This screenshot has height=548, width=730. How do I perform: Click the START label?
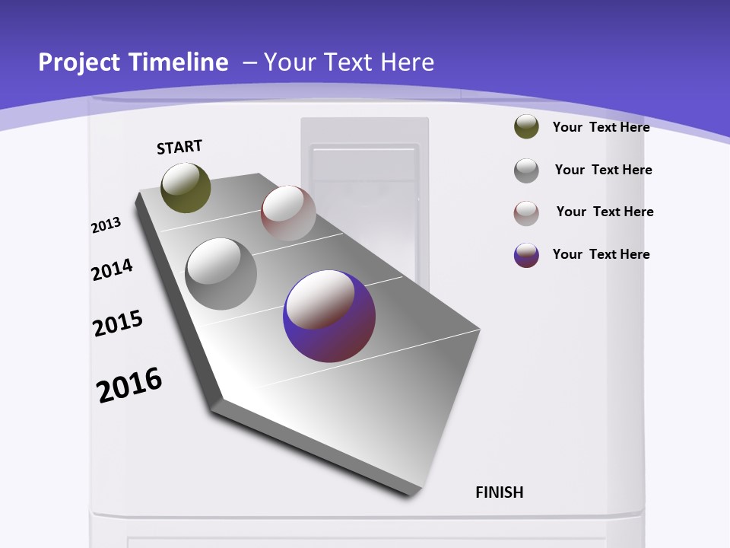(179, 147)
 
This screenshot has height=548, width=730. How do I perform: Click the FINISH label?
(500, 492)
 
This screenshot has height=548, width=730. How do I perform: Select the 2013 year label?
(106, 225)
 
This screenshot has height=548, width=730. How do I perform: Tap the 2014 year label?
(112, 269)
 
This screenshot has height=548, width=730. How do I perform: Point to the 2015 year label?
(118, 323)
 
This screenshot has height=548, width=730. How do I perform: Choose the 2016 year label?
(129, 385)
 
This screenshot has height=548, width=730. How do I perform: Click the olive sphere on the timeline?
(186, 187)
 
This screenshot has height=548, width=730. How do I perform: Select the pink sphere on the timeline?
(288, 213)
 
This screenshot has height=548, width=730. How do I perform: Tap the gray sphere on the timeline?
(221, 274)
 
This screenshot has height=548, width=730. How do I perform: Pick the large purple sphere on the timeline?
(329, 316)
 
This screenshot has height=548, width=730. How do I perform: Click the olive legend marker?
(526, 127)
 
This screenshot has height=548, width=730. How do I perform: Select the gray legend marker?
(526, 170)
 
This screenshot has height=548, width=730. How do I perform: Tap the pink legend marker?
(526, 213)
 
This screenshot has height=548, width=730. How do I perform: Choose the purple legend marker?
(526, 255)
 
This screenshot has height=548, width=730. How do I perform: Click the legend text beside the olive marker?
(601, 127)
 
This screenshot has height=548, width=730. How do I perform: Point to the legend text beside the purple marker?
(601, 254)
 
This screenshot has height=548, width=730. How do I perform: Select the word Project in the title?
(76, 62)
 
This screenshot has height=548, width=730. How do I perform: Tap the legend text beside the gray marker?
(603, 170)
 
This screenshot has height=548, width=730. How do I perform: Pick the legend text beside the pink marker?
(605, 212)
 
